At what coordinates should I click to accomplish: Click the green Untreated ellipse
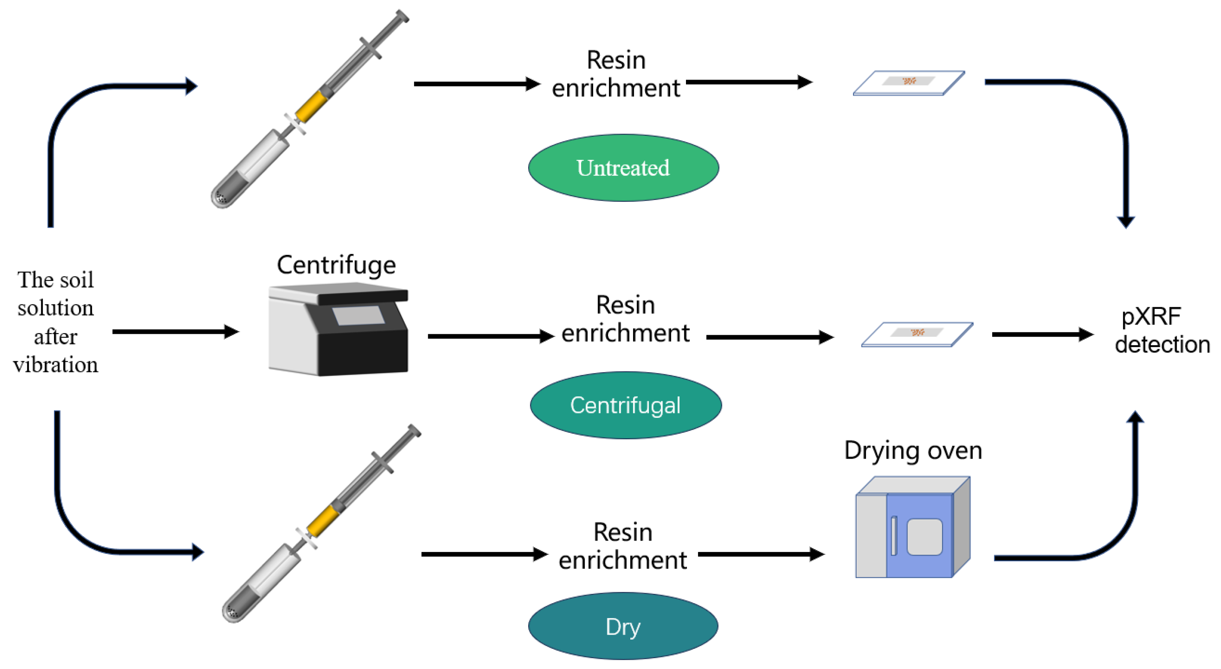coord(623,168)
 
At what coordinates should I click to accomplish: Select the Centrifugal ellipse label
coord(626,405)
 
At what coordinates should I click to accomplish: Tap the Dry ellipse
coord(623,626)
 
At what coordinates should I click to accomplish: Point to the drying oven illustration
coord(913,527)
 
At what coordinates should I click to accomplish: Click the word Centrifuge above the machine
coord(336,265)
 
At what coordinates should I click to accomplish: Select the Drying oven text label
coord(913,451)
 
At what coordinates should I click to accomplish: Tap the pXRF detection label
coord(1162,331)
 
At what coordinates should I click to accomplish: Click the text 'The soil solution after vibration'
coord(55,322)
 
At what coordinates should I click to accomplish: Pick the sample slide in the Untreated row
coord(909,83)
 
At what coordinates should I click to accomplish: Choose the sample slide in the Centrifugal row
coord(917,334)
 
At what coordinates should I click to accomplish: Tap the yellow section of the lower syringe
coord(323,520)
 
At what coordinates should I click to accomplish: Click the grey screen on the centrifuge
coord(358,316)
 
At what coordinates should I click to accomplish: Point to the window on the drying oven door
coord(924,537)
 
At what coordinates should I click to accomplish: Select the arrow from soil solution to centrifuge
coord(176,331)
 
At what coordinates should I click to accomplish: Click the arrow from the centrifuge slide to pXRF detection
coord(1043,334)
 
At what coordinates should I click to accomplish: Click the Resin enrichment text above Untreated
coord(616,74)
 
